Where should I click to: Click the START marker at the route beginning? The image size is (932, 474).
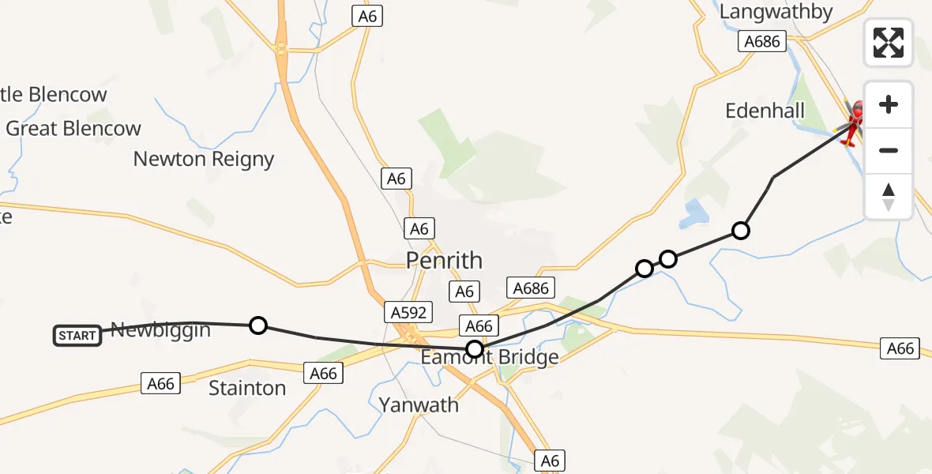pyautogui.click(x=77, y=336)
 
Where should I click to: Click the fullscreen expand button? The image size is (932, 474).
pyautogui.click(x=889, y=42)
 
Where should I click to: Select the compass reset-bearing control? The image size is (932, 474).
pyautogui.click(x=889, y=197)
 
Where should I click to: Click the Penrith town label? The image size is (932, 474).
pyautogui.click(x=443, y=260)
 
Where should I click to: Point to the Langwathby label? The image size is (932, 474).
pyautogui.click(x=776, y=12)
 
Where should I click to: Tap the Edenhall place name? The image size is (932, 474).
pyautogui.click(x=765, y=111)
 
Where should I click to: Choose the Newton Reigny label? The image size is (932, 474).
pyautogui.click(x=203, y=159)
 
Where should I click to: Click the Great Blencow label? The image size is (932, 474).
pyautogui.click(x=73, y=128)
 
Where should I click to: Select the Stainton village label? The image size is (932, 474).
pyautogui.click(x=247, y=388)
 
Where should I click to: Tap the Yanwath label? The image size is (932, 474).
pyautogui.click(x=419, y=405)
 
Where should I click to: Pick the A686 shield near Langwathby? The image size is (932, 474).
pyautogui.click(x=761, y=41)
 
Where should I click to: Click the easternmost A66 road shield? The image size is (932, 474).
pyautogui.click(x=900, y=348)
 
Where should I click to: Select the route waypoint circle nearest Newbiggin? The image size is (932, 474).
pyautogui.click(x=257, y=325)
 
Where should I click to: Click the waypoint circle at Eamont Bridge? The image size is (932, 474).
pyautogui.click(x=475, y=348)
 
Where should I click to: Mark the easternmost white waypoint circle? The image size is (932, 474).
pyautogui.click(x=740, y=231)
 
